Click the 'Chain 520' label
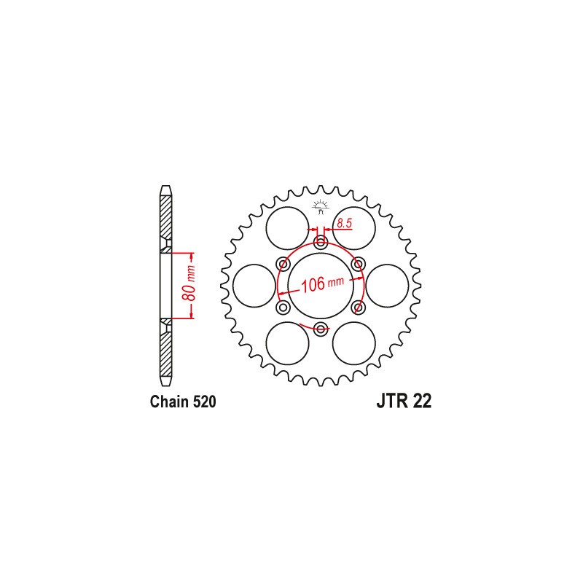click(182, 402)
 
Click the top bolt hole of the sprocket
click(321, 243)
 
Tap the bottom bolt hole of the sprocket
click(321, 326)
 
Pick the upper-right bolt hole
click(357, 264)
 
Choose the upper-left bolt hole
click(284, 264)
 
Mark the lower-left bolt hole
click(284, 306)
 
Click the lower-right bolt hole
click(357, 306)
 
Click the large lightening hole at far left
click(254, 285)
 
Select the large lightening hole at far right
click(387, 285)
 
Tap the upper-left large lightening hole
click(287, 227)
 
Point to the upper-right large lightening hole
click(354, 227)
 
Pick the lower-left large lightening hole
click(287, 343)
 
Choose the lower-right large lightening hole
click(354, 343)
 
